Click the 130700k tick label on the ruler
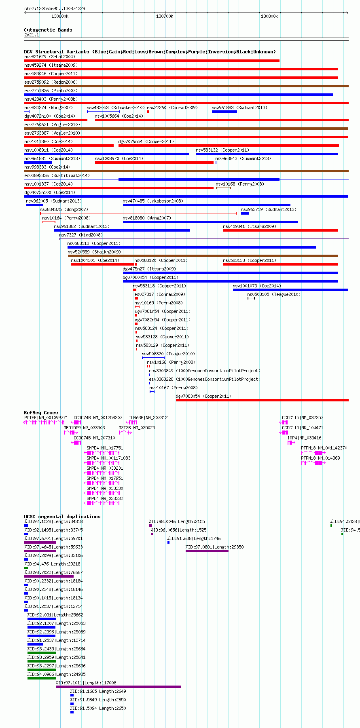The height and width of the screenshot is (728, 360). coord(165,17)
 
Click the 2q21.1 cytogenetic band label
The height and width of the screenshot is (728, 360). coord(32,35)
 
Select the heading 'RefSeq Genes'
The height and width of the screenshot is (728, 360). coord(41,413)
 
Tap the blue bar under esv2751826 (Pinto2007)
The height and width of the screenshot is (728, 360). coord(178,95)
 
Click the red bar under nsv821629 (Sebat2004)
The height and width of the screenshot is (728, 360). coord(152,61)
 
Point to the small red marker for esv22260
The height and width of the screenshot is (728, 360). coord(148,112)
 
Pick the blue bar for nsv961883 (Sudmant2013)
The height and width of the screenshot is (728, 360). coord(224,112)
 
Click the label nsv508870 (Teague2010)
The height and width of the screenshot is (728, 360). coord(168,354)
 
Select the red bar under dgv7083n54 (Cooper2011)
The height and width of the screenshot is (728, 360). coord(262,400)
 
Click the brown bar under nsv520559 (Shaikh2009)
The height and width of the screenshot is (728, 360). coord(203,256)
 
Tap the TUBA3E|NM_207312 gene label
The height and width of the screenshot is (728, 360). coord(148,418)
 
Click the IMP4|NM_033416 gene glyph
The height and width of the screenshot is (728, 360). coord(291,443)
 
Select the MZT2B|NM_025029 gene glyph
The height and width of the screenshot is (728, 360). coord(125,433)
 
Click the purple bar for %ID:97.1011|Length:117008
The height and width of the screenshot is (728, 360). coord(119,686)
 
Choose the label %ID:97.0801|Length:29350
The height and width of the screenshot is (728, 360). coord(215,547)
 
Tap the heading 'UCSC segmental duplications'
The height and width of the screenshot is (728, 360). coord(62,517)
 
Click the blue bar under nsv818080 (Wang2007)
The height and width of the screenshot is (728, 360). coord(210,222)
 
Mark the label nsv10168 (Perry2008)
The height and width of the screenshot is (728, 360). coord(240,184)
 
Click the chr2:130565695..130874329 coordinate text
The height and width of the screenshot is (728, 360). coord(55,8)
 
